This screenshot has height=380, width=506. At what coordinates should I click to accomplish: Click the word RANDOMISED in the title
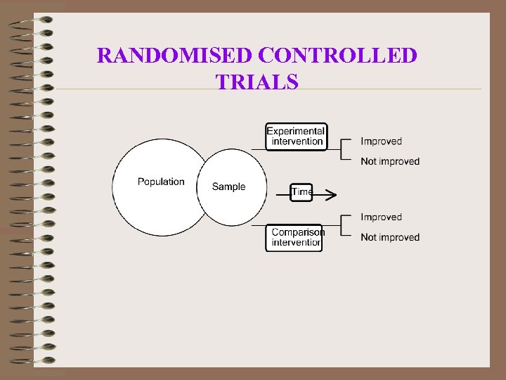175,55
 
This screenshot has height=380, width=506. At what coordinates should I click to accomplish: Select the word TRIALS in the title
257,82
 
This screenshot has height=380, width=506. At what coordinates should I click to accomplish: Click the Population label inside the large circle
161,182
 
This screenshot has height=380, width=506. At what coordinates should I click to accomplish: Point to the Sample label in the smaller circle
228,186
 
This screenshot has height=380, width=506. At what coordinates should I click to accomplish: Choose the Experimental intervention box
296,136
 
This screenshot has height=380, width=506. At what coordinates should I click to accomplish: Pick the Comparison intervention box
294,237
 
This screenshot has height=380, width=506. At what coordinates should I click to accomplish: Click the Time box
301,192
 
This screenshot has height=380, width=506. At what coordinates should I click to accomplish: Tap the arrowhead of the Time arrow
332,193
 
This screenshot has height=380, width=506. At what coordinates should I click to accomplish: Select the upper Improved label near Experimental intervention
381,141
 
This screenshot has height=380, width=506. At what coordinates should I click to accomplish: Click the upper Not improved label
389,161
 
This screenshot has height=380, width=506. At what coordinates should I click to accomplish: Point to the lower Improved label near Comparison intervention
381,217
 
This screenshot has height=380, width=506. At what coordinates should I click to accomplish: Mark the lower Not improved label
389,237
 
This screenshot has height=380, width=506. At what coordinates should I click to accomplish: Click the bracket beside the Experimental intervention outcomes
342,150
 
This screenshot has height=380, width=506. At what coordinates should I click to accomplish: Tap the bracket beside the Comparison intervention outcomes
342,226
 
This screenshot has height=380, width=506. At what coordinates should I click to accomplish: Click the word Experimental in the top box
296,131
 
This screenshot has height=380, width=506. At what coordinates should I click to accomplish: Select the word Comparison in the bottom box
298,232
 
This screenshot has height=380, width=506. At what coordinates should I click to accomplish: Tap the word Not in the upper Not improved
368,161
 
